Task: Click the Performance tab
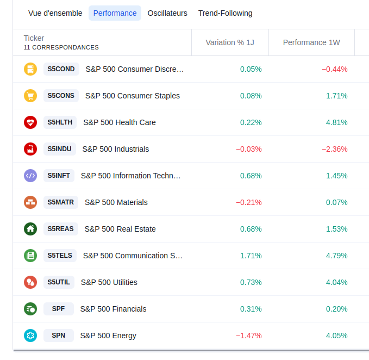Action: coord(115,13)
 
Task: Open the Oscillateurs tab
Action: coord(167,13)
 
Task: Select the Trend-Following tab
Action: coord(225,13)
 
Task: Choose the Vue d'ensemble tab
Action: coord(55,13)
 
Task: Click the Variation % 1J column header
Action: coord(230,42)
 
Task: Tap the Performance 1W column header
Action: coord(311,42)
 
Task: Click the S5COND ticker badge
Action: coord(61,69)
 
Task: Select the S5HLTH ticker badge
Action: coord(60,122)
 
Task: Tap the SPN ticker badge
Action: coord(58,336)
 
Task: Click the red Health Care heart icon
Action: coord(30,122)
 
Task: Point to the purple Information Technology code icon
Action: coord(30,176)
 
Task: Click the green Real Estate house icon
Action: coord(30,229)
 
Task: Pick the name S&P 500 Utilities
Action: coord(109,282)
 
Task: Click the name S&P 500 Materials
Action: coord(116,202)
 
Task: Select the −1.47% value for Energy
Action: coord(249,336)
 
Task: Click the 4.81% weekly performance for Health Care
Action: coord(336,122)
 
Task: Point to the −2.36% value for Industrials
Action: coord(334,149)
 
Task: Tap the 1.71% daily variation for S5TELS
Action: coord(251,256)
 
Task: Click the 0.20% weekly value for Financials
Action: coord(336,309)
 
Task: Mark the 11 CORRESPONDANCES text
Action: coord(61,48)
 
